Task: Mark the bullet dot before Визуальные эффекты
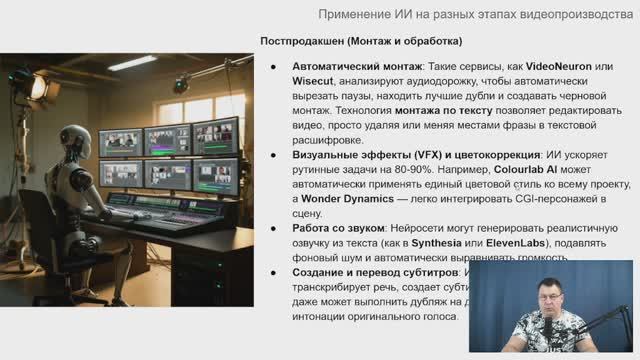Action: point(275,156)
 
